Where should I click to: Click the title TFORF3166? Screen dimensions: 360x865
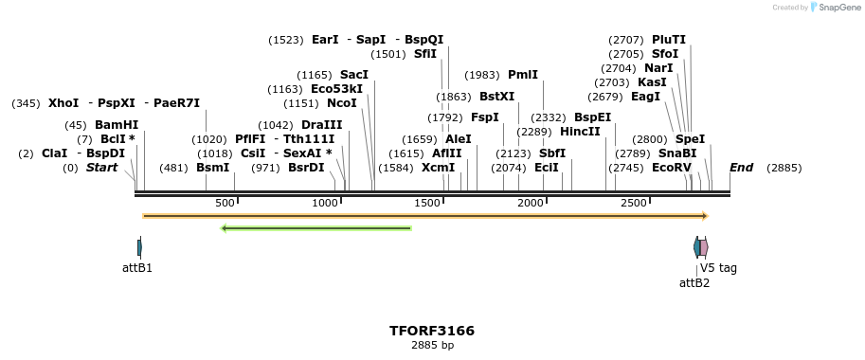[432, 331]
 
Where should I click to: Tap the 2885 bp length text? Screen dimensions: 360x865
[432, 346]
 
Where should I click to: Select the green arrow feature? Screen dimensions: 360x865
[315, 228]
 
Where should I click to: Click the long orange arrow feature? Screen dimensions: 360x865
[425, 216]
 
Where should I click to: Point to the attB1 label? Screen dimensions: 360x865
[137, 268]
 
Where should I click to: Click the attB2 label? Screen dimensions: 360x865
[694, 282]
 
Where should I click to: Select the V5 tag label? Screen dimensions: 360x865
[718, 268]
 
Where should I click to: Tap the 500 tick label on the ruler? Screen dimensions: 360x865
[225, 204]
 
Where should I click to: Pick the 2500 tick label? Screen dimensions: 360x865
[634, 204]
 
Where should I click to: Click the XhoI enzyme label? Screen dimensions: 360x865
[63, 102]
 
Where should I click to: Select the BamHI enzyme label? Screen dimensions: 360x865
[117, 124]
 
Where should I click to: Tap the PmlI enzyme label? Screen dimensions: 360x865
[523, 74]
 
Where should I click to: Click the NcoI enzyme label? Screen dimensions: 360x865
[342, 102]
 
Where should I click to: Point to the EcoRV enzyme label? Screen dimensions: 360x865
[672, 167]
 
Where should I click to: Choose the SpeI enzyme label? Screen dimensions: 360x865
[690, 138]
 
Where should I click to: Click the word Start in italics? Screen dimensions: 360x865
[102, 167]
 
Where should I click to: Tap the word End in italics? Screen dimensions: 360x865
[741, 167]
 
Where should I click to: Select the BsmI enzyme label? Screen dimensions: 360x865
[213, 167]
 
